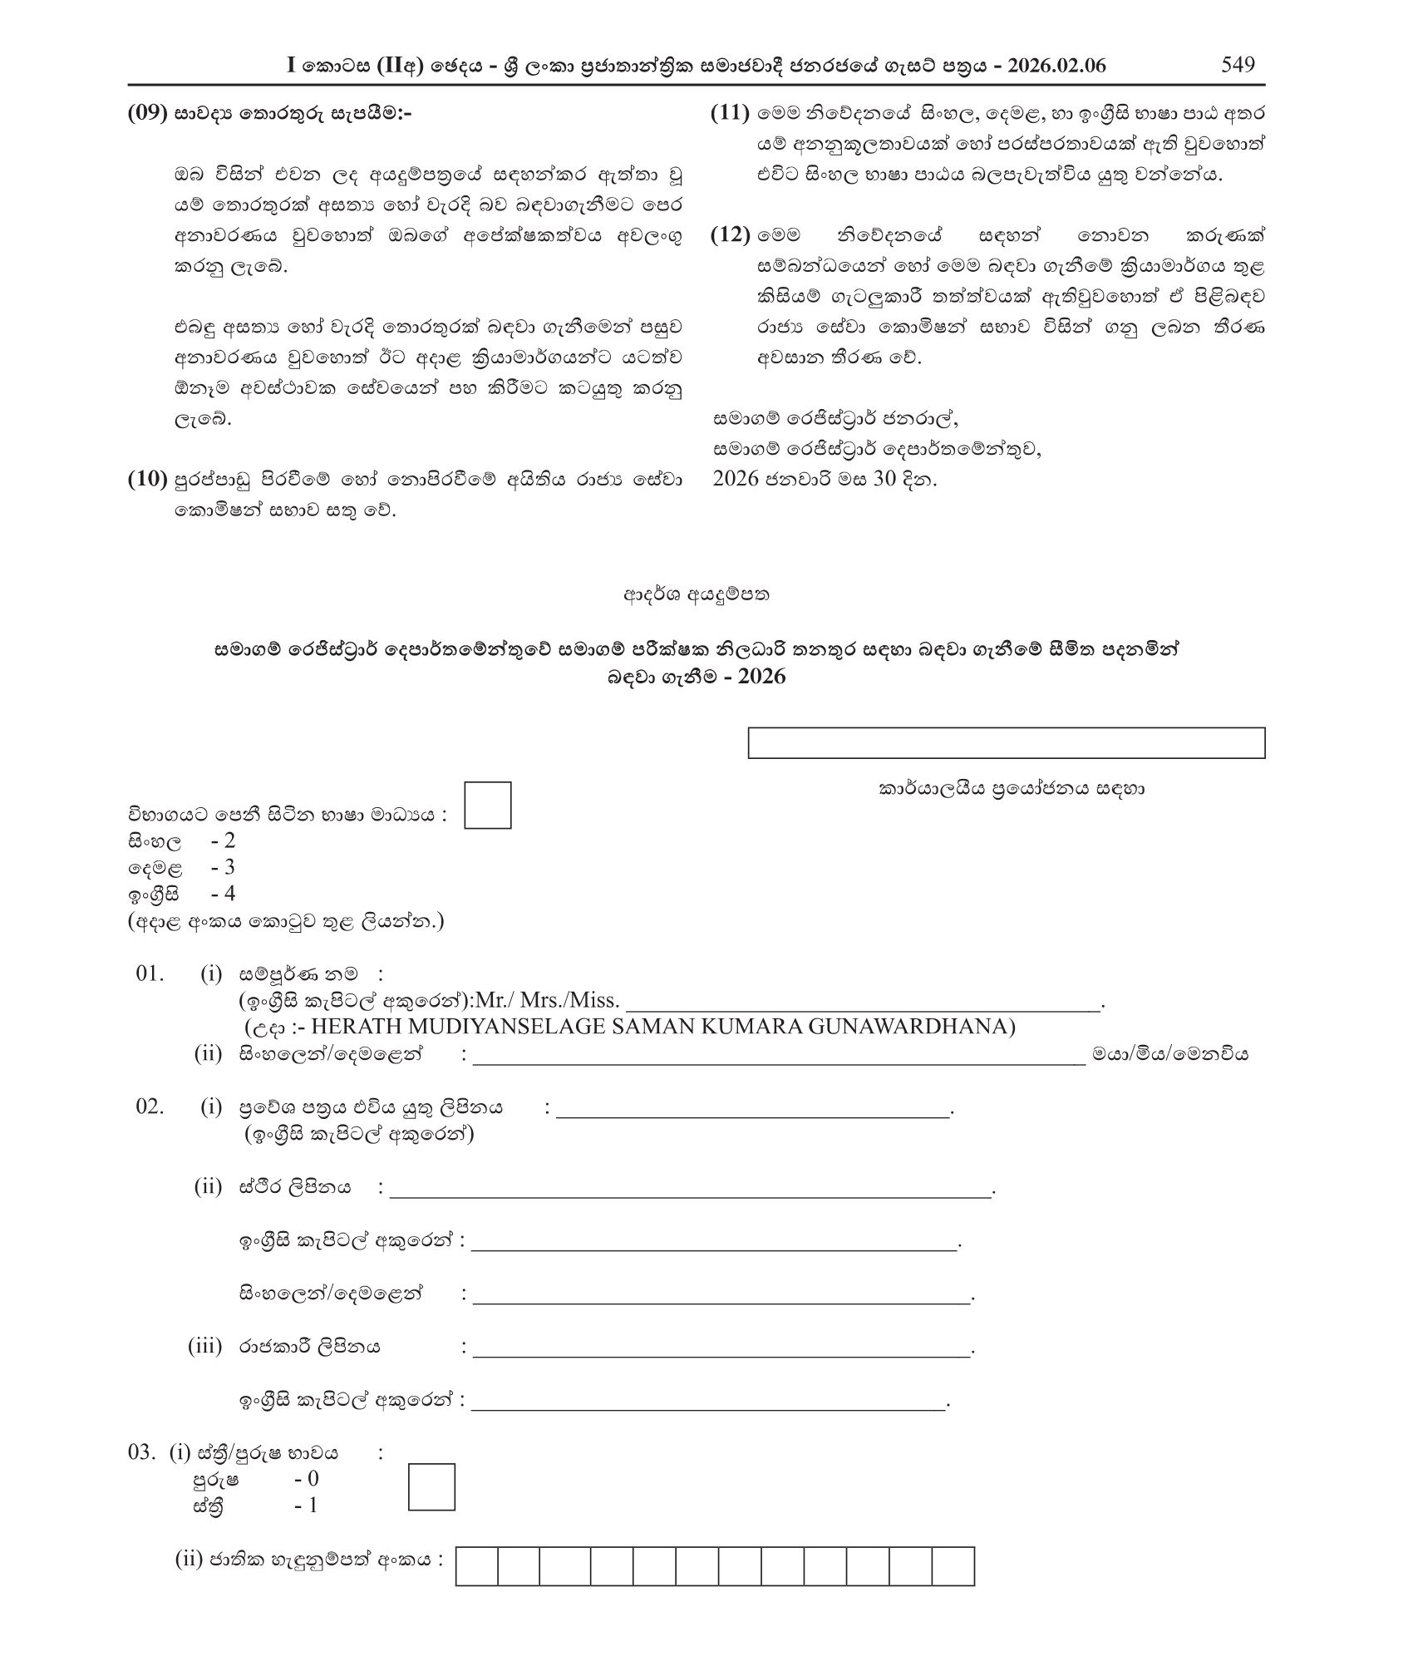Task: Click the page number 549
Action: click(1238, 65)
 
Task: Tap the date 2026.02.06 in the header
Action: click(1056, 67)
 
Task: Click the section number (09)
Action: click(148, 114)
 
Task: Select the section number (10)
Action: click(148, 480)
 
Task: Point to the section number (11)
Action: click(731, 114)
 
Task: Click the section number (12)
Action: click(731, 235)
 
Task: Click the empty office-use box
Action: click(1006, 743)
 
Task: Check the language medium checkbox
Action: click(487, 805)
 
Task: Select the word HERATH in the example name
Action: click(349, 1027)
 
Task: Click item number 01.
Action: click(150, 973)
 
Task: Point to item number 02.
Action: click(150, 1107)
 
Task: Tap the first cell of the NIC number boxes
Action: click(476, 1567)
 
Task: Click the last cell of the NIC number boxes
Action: click(953, 1567)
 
